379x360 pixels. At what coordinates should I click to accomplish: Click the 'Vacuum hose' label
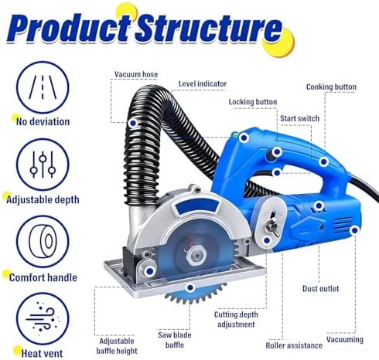[136, 74]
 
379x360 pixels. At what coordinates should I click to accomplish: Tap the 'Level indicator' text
[203, 83]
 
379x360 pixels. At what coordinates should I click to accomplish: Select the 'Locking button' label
[253, 102]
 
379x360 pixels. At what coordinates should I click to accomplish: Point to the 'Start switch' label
[299, 118]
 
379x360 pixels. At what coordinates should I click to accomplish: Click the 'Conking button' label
[331, 87]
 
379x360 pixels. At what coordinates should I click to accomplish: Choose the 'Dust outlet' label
[321, 289]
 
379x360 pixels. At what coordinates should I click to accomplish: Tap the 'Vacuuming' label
[345, 339]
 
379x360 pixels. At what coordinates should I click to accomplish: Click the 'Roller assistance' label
[294, 345]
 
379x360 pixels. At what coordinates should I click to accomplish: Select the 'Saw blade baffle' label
[175, 340]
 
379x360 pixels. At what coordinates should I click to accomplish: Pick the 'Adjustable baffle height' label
[117, 346]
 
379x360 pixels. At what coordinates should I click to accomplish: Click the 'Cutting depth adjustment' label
[236, 319]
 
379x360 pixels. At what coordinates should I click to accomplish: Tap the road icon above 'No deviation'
[43, 87]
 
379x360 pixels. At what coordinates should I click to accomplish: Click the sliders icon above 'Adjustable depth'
[43, 165]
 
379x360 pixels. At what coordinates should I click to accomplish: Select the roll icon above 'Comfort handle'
[43, 242]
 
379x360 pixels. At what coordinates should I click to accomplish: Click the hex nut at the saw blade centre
[196, 256]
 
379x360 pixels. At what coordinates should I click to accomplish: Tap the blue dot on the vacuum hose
[133, 123]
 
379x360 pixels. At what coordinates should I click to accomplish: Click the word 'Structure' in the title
[209, 29]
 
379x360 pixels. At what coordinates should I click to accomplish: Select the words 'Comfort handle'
[43, 277]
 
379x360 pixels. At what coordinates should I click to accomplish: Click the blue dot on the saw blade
[190, 287]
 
